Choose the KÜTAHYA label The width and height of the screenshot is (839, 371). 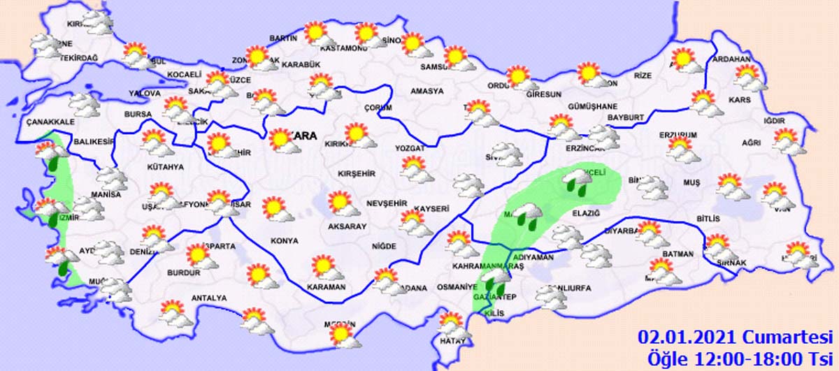[x=165, y=167]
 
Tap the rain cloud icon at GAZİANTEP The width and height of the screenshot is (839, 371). [x=498, y=282]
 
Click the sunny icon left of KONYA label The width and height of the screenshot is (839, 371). [x=273, y=208]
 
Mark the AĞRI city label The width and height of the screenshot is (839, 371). [x=751, y=143]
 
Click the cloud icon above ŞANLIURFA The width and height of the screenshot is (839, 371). [x=552, y=296]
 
